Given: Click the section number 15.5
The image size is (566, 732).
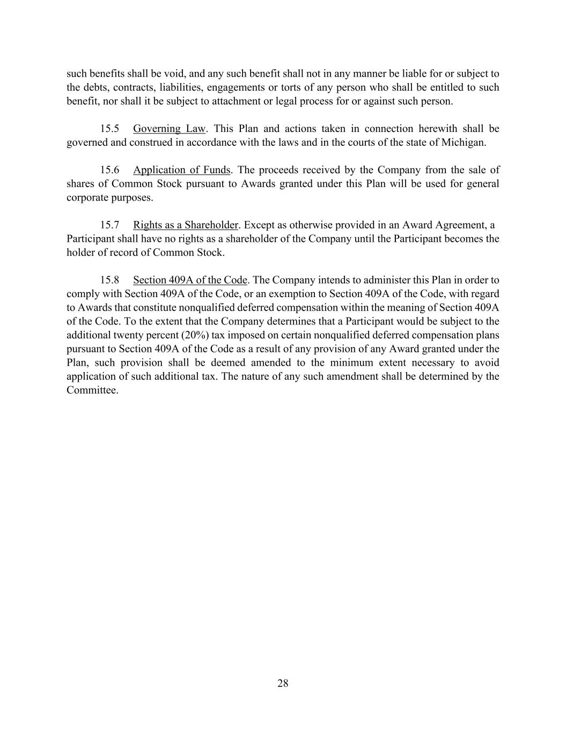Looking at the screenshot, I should click(x=109, y=129).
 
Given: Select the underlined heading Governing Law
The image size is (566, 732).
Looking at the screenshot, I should click(x=169, y=129).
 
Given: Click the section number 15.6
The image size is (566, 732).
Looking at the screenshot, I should click(x=109, y=170).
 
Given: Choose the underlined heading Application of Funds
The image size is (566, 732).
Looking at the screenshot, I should click(x=181, y=170).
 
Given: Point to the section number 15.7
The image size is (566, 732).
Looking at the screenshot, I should click(x=109, y=225).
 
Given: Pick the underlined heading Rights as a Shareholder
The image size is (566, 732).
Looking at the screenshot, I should click(x=185, y=225).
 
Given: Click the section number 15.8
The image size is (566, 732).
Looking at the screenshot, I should click(x=109, y=280).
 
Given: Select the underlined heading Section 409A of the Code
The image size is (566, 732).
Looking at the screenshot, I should click(x=190, y=280).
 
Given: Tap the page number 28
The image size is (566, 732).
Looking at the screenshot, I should click(x=283, y=683).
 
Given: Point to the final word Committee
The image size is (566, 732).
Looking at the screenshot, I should click(x=92, y=390).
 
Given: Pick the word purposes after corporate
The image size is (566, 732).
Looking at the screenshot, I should click(x=132, y=198).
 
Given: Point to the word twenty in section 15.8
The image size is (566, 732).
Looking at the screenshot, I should click(x=123, y=335).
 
